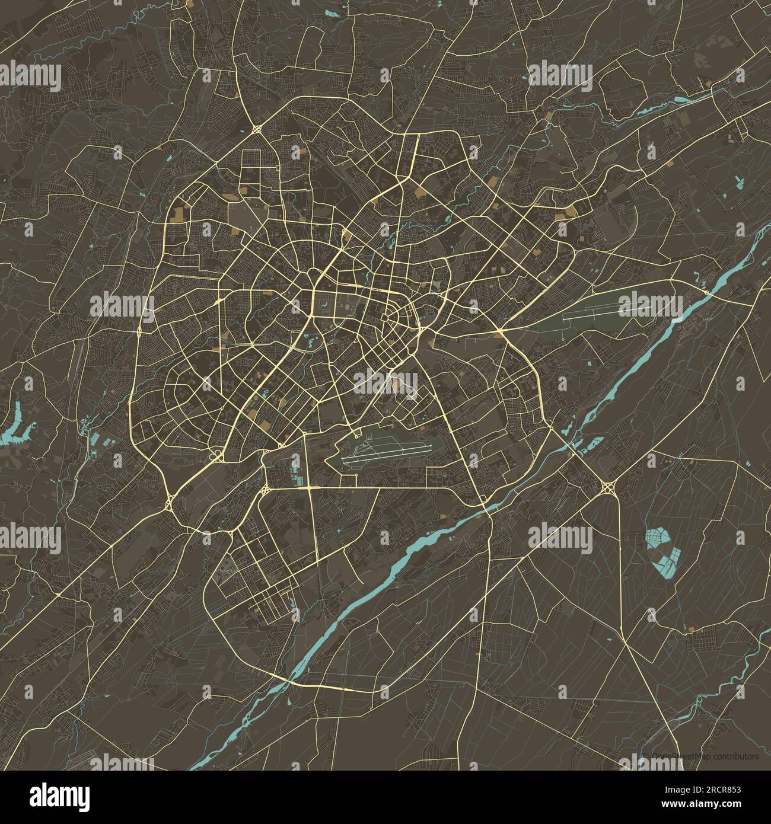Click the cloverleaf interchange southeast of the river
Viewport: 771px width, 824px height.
pyautogui.click(x=608, y=487)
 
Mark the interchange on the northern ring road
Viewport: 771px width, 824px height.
pyautogui.click(x=257, y=129)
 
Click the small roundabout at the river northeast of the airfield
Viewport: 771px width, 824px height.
pyautogui.click(x=706, y=292)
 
